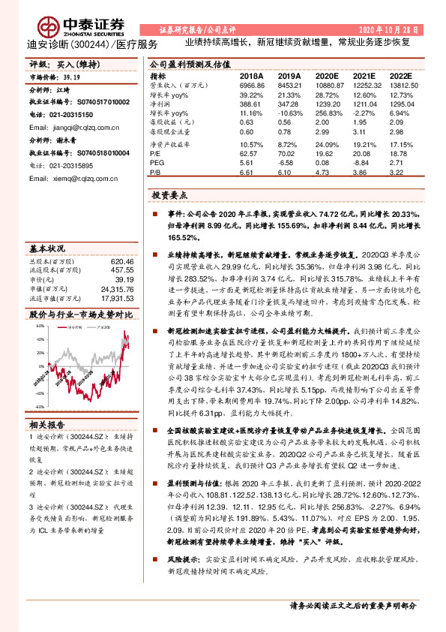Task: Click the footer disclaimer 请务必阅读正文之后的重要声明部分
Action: point(352,606)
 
